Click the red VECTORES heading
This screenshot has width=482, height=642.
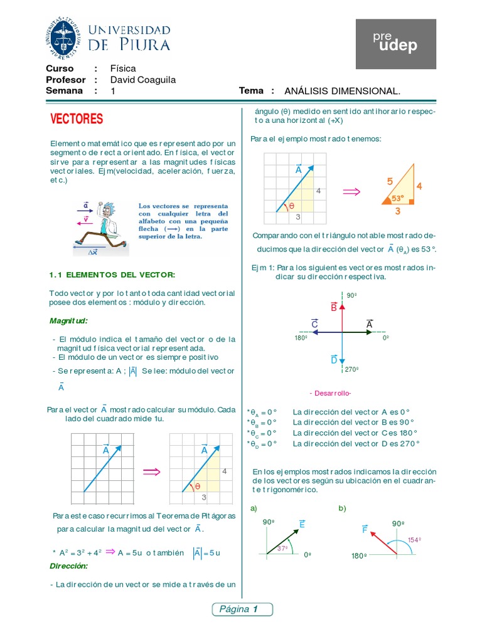point(77,119)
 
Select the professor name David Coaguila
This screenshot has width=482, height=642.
point(143,80)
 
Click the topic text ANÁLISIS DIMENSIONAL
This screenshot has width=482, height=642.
point(342,91)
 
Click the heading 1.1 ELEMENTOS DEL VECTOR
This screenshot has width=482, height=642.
point(112,275)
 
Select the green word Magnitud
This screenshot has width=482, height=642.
point(69,321)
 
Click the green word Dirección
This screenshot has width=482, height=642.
point(69,566)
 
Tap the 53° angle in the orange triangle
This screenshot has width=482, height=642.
point(398,198)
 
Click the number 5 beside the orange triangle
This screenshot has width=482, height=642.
point(390,181)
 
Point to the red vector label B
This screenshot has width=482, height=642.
point(334,307)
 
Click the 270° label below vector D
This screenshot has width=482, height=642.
point(352,369)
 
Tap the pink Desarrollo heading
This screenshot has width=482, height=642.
point(330,393)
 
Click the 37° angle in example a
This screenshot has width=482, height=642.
point(282,548)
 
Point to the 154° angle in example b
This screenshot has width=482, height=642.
point(414,539)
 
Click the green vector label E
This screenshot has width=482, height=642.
point(302,524)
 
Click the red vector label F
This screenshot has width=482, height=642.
point(364,530)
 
